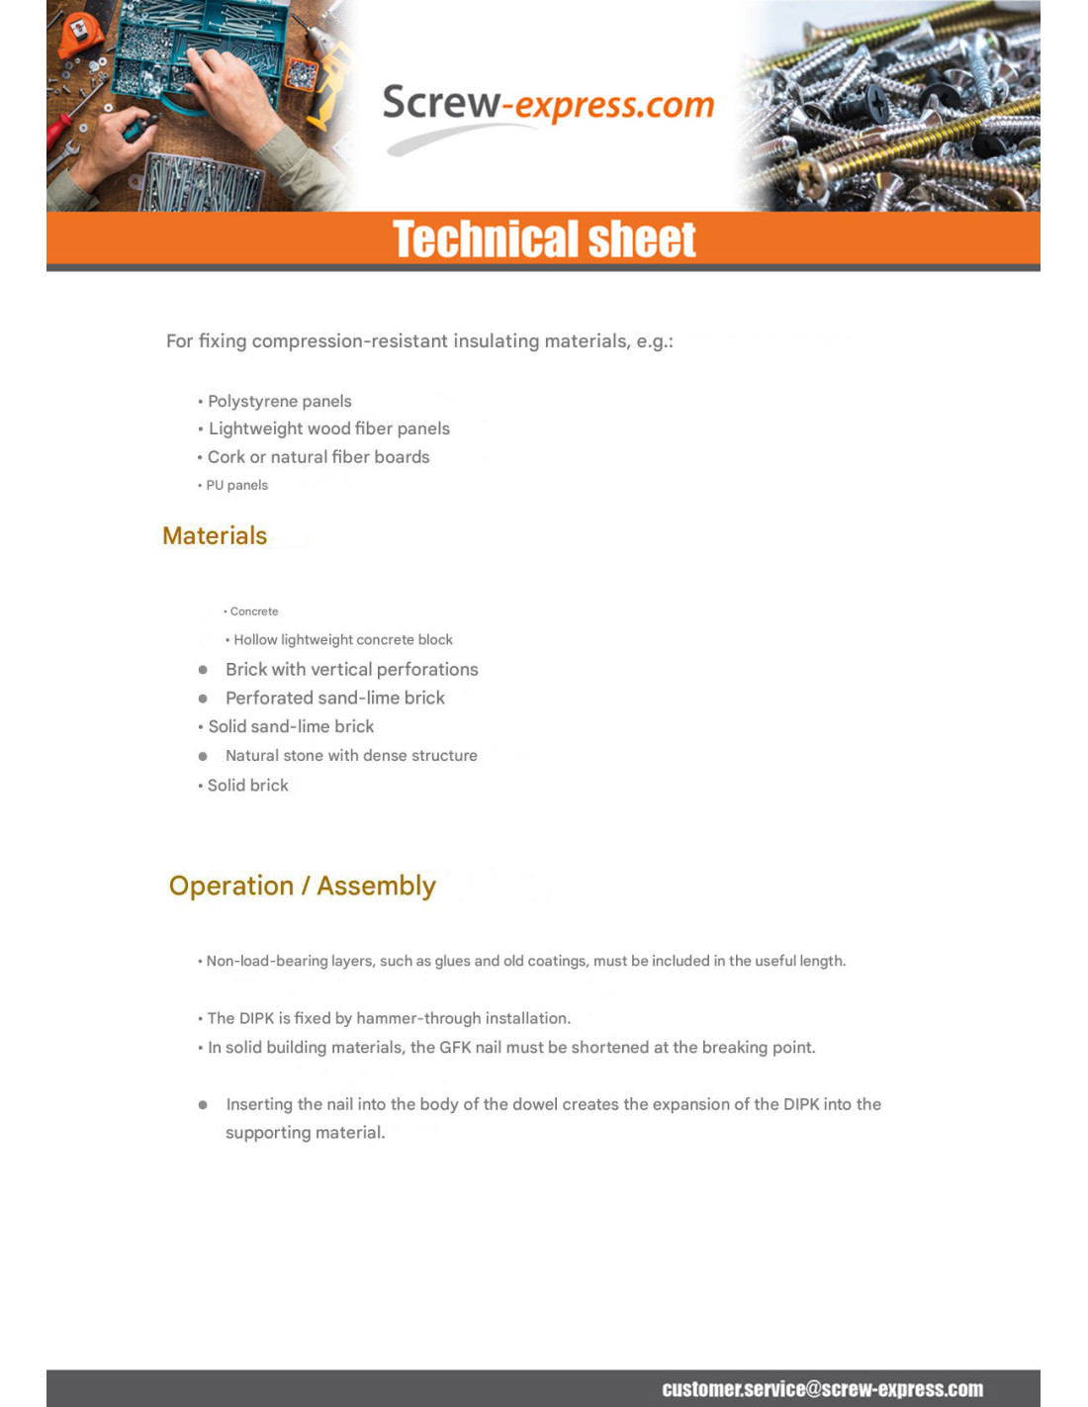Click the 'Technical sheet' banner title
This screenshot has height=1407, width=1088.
[544, 239]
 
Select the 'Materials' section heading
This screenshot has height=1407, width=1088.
[215, 535]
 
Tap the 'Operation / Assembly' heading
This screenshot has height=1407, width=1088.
[302, 886]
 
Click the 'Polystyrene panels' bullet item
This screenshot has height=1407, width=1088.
[279, 401]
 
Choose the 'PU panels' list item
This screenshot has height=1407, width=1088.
[236, 485]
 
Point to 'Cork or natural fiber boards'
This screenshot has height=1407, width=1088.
[318, 457]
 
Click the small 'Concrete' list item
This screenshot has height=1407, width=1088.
[253, 611]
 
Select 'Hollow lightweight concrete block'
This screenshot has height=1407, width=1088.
[342, 640]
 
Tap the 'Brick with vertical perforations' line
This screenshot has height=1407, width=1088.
[351, 670]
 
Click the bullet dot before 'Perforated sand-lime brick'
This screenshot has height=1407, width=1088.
[203, 699]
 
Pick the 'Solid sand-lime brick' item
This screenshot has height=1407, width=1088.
[291, 726]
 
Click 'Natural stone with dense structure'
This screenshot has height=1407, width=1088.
[351, 756]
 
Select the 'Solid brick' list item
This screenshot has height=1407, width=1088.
[247, 786]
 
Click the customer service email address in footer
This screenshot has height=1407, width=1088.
[822, 1389]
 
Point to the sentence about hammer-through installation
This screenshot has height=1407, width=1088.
[389, 1018]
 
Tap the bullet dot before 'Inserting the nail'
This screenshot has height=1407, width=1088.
[203, 1104]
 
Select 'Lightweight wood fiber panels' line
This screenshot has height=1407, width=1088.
[328, 428]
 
